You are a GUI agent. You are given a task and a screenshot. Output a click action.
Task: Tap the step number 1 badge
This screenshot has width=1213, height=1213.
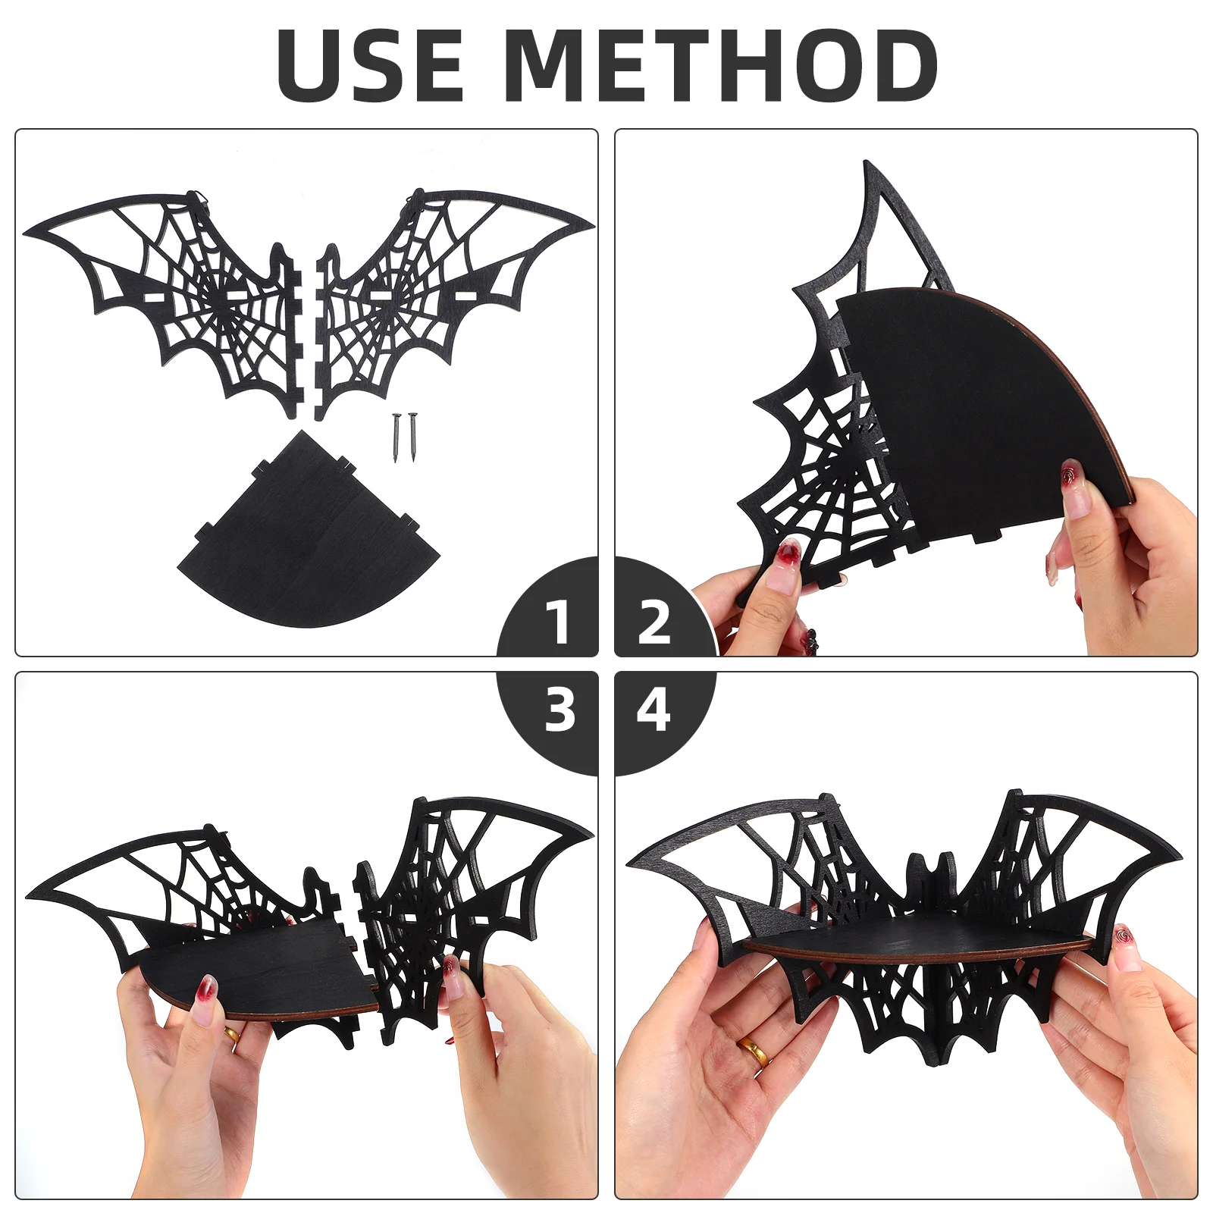coord(559,622)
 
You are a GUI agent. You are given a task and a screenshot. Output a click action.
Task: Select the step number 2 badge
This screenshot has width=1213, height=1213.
coord(654,622)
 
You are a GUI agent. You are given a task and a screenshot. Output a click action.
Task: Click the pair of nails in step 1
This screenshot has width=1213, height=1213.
coord(404,437)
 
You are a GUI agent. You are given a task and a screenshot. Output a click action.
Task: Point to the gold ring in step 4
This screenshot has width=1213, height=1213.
coord(754,1050)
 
